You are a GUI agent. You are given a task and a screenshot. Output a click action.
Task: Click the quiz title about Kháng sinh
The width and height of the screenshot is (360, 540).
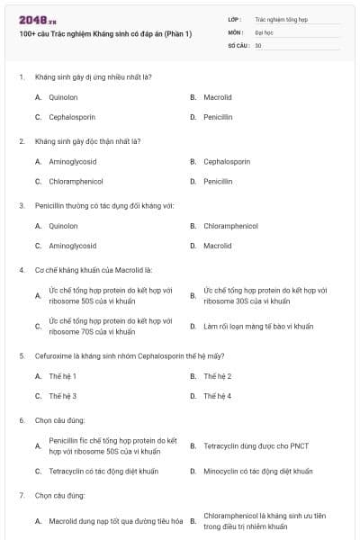[x=107, y=35]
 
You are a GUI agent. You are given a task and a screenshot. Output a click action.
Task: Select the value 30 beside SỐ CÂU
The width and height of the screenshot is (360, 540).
[x=258, y=44]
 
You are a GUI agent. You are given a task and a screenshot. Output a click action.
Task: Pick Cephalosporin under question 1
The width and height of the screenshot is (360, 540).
[x=72, y=117]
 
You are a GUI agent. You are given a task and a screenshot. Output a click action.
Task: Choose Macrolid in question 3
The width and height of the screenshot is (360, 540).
[x=217, y=246]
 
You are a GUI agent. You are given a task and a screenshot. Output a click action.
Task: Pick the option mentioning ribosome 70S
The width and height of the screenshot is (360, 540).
[x=110, y=326]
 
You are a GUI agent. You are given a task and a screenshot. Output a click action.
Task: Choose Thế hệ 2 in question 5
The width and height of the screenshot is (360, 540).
[x=217, y=375]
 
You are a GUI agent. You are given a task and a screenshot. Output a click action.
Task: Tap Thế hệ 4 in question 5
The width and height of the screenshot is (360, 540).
[x=217, y=396]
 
